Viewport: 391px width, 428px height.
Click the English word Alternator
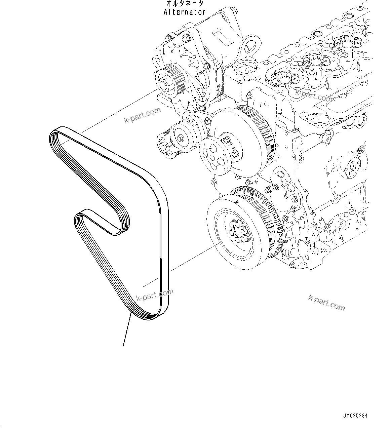point(184,12)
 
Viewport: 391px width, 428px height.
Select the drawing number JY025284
point(355,416)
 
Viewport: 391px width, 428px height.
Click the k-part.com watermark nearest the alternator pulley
point(142,115)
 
